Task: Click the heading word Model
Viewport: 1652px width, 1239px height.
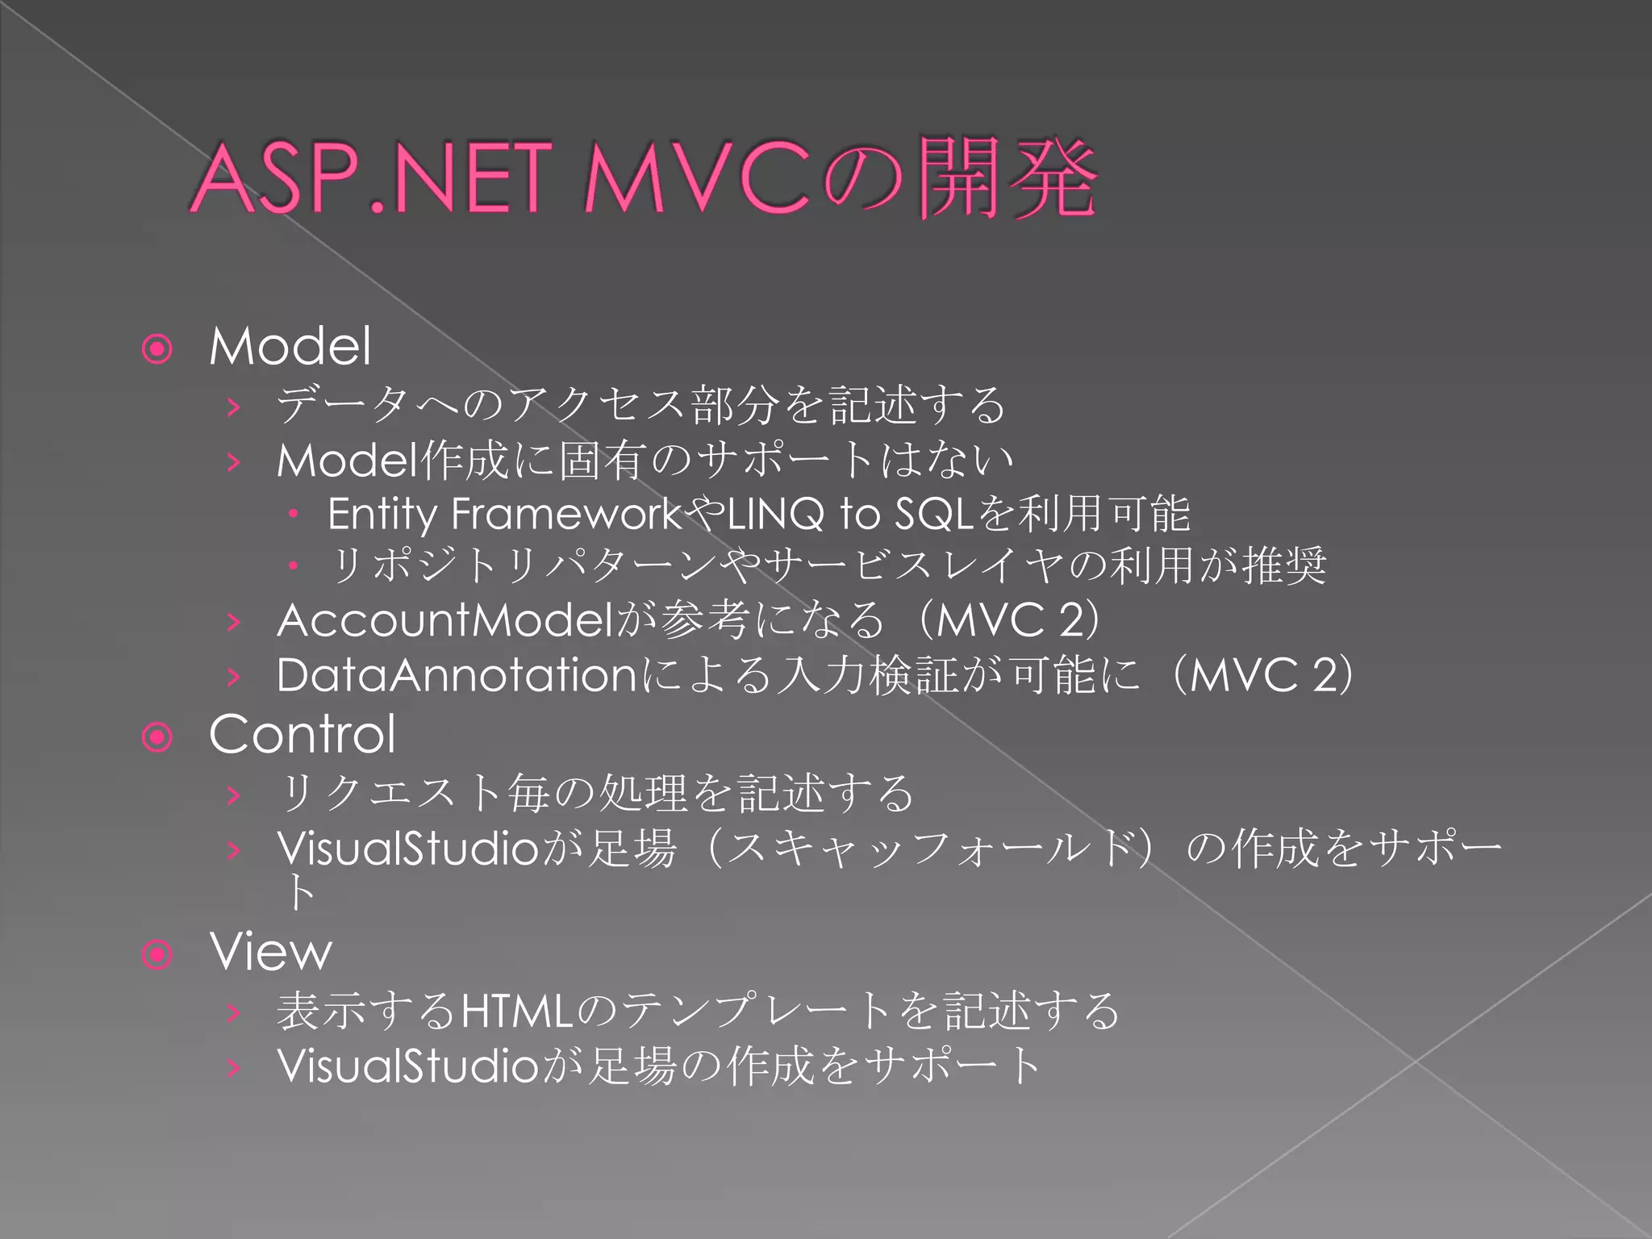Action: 290,347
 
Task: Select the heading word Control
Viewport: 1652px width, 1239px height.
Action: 302,735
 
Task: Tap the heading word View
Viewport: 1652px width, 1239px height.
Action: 270,953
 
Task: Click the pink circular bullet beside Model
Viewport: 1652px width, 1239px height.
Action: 157,349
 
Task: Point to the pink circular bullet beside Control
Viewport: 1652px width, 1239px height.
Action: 157,737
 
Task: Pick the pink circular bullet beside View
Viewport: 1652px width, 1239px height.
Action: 157,955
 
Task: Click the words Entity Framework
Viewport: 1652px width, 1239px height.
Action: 505,514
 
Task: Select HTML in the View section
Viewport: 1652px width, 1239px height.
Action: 516,1012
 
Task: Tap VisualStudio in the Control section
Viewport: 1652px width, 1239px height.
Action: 407,849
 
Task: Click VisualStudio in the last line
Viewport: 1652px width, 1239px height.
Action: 407,1066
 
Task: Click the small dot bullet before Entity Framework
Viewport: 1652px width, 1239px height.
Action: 294,513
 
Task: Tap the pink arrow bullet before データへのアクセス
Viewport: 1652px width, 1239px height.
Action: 234,407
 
